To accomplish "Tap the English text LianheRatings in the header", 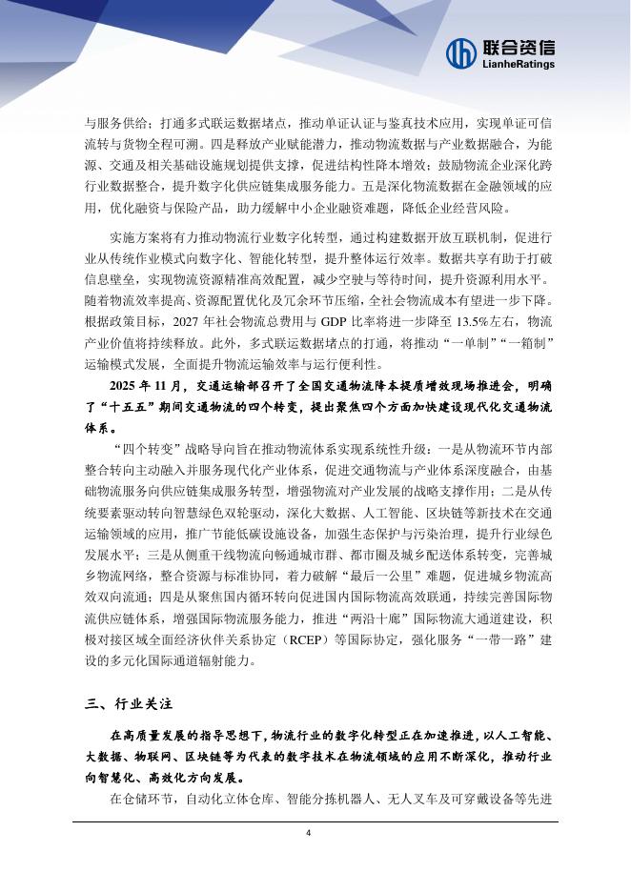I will coord(519,64).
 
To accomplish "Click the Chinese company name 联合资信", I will coord(519,46).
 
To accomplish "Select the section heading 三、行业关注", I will coord(128,704).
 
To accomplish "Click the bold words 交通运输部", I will coord(245,386).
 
